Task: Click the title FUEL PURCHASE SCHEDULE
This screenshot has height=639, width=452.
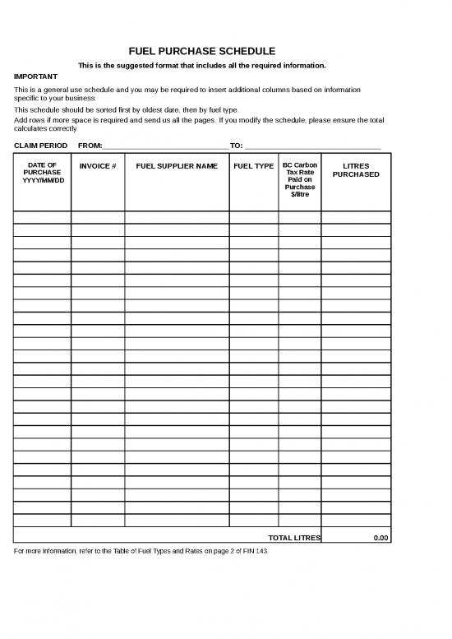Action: click(201, 51)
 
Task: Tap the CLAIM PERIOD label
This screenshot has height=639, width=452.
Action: click(41, 146)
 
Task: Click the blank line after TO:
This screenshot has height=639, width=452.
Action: click(312, 146)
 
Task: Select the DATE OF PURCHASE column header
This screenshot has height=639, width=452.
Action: click(42, 172)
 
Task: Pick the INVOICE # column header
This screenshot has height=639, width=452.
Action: click(98, 166)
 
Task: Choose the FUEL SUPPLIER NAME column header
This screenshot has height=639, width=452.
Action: click(177, 166)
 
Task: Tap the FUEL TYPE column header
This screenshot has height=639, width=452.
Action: click(254, 166)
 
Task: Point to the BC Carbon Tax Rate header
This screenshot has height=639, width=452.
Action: click(300, 169)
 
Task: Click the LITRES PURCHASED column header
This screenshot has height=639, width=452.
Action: click(356, 170)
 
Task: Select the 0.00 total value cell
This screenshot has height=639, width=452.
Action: click(356, 538)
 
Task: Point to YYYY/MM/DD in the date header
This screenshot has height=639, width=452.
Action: click(42, 180)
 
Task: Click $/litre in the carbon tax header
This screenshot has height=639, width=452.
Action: click(300, 194)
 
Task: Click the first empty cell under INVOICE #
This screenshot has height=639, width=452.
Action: click(98, 217)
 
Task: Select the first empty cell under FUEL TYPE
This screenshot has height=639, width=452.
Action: click(254, 217)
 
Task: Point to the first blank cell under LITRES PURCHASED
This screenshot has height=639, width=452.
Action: click(356, 217)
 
